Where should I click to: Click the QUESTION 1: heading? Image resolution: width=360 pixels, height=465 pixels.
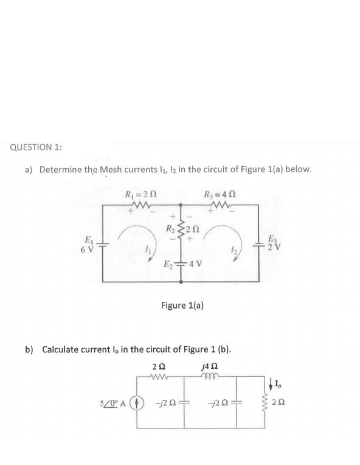36,147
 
